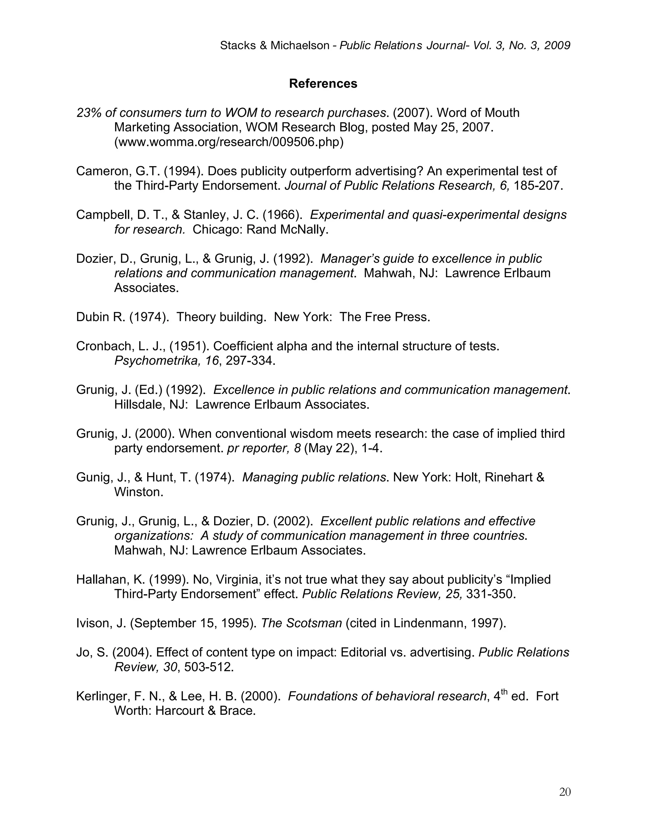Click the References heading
(x=323, y=84)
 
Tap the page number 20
(x=565, y=792)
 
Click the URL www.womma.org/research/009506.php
(x=229, y=142)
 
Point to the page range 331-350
(x=490, y=594)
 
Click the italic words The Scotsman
(x=301, y=623)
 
